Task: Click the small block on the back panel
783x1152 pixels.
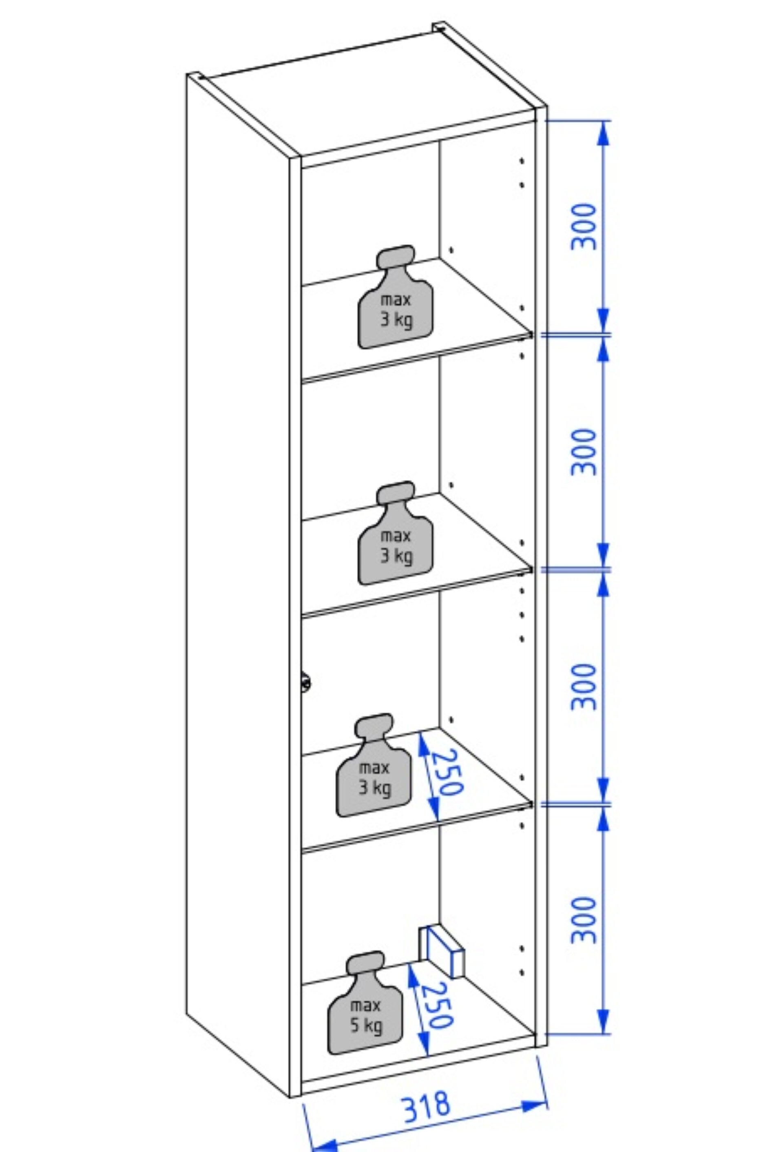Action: [441, 949]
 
